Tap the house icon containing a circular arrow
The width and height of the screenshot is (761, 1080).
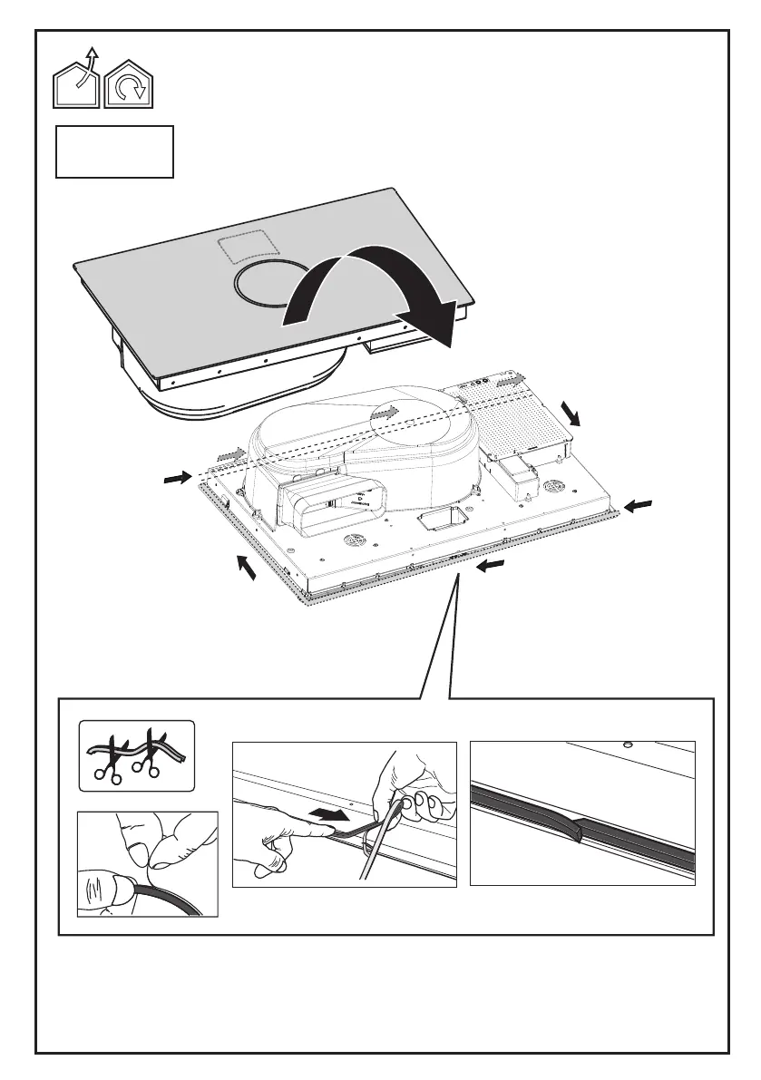[130, 85]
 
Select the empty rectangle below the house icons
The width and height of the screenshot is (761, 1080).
[114, 151]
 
